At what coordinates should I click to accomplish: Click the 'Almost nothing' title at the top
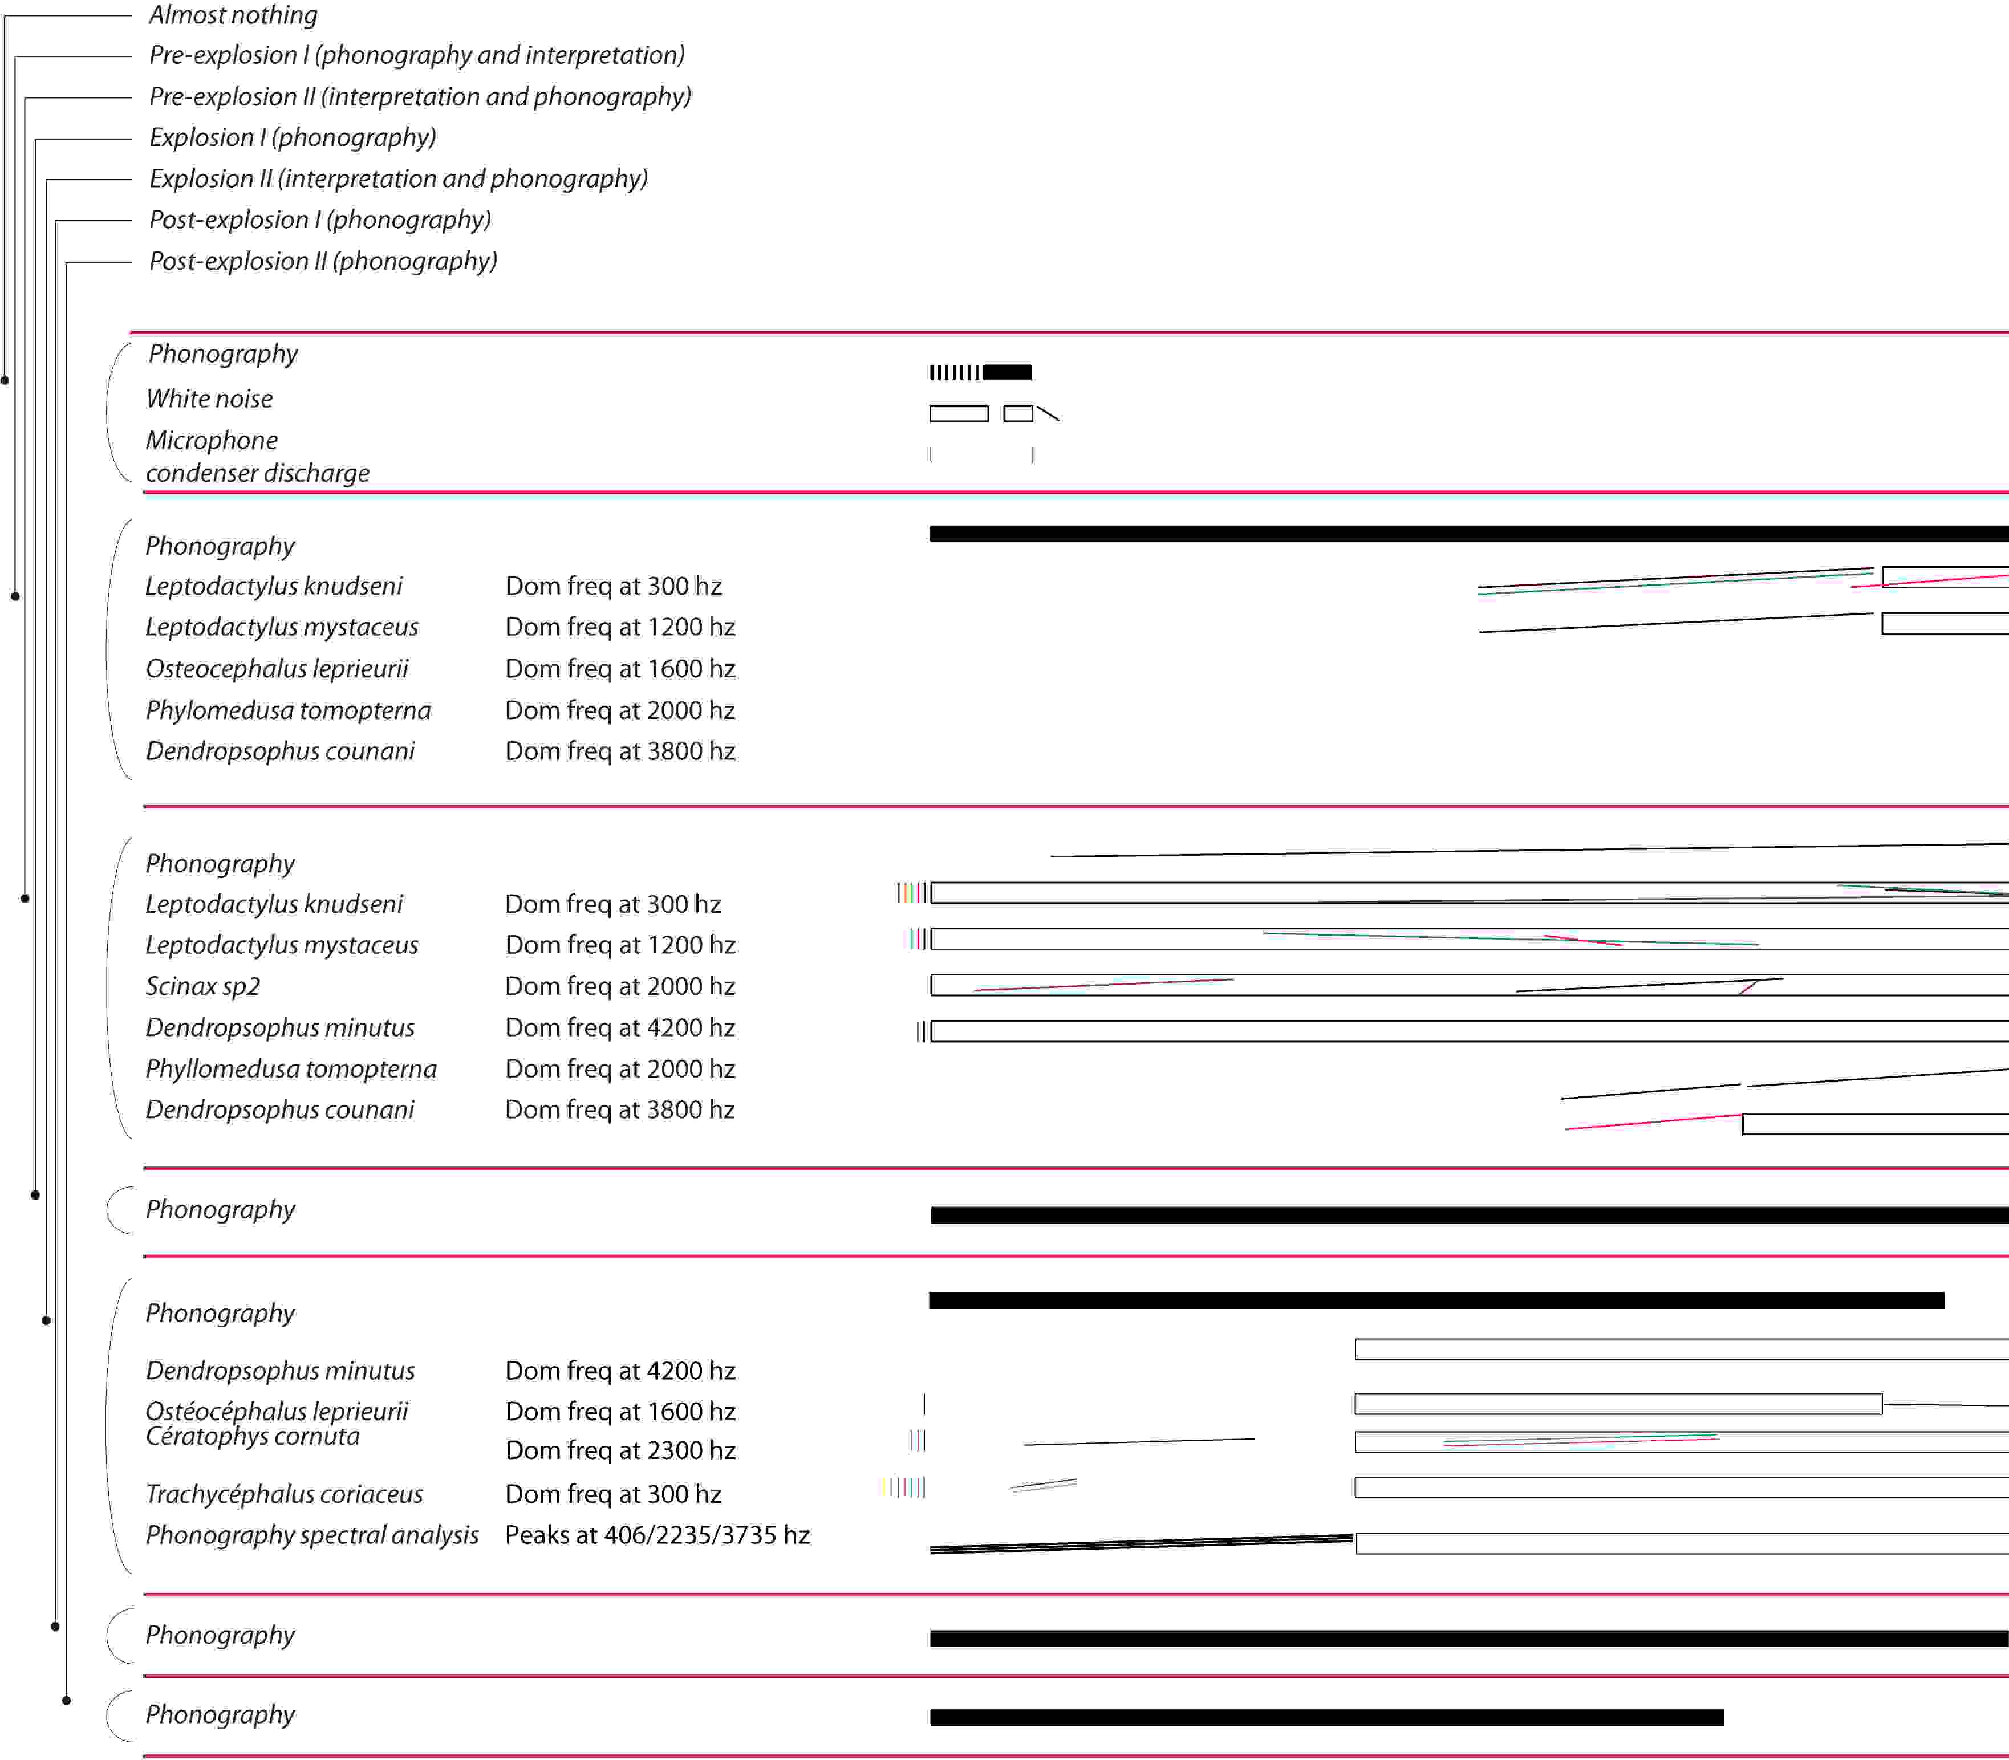pos(233,15)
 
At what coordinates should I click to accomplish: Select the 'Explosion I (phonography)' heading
pos(292,137)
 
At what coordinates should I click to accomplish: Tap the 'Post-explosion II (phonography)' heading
pos(322,261)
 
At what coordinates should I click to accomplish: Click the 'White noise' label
pos(209,399)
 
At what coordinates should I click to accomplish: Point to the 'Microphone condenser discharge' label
pos(257,457)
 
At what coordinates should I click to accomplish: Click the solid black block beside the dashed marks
pos(1007,372)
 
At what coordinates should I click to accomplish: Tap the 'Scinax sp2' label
pos(202,986)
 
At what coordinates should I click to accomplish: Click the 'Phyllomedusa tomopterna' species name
pos(291,1068)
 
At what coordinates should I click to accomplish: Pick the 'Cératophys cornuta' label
pos(253,1437)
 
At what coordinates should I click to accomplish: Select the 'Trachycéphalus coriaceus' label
pos(284,1494)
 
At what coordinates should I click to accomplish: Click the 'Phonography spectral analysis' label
pos(311,1535)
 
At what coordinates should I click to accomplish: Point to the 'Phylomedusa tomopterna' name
pos(288,710)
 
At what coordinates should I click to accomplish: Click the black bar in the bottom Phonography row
pos(1326,1717)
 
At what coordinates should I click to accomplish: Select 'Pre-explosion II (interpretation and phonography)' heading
pos(420,96)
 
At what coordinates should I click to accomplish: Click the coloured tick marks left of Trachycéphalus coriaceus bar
pos(904,1487)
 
